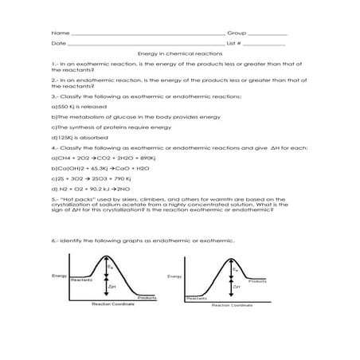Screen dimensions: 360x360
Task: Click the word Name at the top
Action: pos(55,33)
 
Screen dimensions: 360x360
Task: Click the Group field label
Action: pos(237,33)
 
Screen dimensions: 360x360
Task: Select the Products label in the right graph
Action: pos(256,281)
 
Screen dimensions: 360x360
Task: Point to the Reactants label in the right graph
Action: pos(196,298)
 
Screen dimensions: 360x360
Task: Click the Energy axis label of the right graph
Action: pos(174,276)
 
